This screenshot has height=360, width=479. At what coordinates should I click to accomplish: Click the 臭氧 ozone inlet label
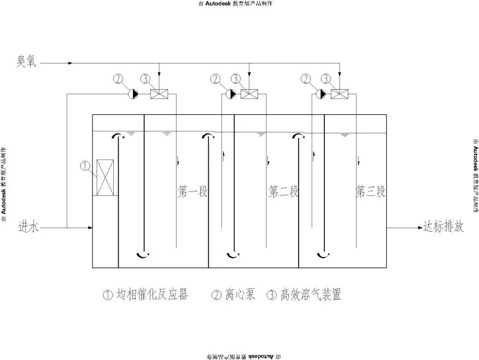click(26, 62)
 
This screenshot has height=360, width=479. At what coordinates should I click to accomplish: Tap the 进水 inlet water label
click(29, 226)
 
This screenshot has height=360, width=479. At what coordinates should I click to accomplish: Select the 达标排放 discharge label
click(444, 227)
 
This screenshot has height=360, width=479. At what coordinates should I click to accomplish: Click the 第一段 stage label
click(194, 192)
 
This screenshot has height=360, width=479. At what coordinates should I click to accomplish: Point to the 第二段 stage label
click(284, 192)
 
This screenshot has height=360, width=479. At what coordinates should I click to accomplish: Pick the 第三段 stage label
click(371, 192)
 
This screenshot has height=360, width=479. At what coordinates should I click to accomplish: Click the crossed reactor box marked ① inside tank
click(104, 177)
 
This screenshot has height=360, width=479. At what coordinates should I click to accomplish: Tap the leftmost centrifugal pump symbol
click(133, 94)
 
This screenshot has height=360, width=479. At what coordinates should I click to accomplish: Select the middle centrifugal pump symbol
click(231, 94)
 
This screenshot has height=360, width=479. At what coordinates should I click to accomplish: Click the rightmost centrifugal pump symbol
click(322, 94)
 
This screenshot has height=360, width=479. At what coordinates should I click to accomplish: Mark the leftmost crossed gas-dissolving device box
click(159, 94)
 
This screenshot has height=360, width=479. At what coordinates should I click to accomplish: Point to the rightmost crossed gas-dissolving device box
click(340, 94)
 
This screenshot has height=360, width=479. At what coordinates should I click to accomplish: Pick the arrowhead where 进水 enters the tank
click(89, 227)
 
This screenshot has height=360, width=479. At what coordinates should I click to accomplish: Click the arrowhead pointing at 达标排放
click(419, 227)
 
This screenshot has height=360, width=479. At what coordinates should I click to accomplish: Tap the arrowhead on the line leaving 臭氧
click(70, 63)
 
